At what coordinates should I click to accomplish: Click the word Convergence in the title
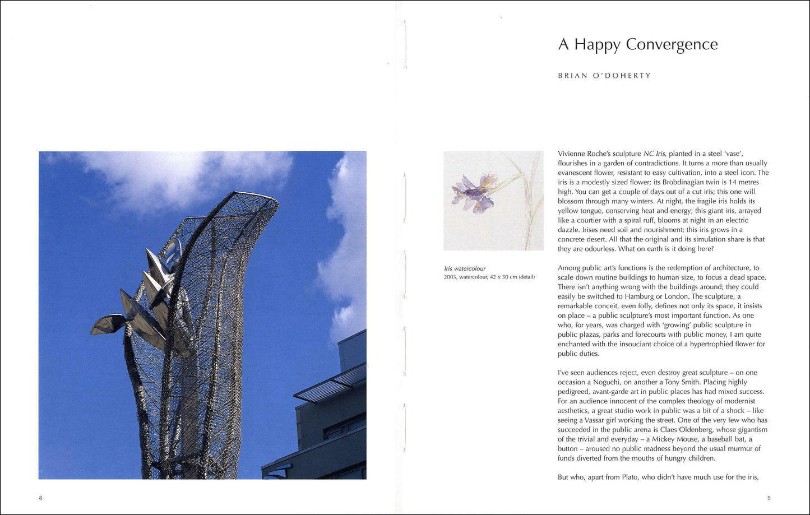coord(672,44)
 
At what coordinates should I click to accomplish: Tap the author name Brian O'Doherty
coord(604,76)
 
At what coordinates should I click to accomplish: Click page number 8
coord(40,498)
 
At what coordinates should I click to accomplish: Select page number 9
coord(769,498)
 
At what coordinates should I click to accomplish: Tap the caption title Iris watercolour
coord(465,268)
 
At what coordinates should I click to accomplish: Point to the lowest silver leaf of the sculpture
coord(108,324)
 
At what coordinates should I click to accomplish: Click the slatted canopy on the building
coord(331,384)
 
